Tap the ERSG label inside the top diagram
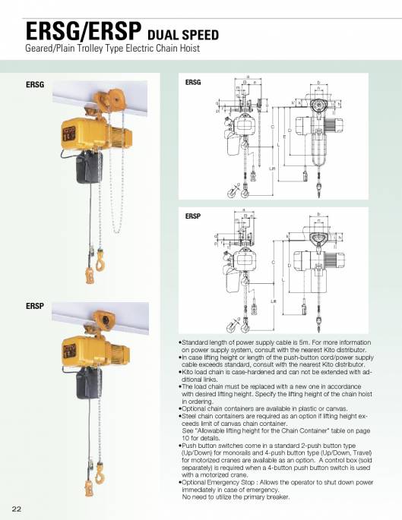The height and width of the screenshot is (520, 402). tap(193, 81)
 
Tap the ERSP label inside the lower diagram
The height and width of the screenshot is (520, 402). tap(193, 216)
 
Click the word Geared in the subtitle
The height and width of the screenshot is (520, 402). tap(42, 48)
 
